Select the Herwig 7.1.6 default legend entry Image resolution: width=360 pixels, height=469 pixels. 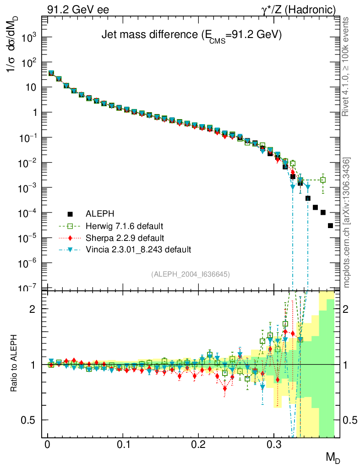pyautogui.click(x=124, y=226)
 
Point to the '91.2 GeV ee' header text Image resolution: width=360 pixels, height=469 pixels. pyautogui.click(x=78, y=9)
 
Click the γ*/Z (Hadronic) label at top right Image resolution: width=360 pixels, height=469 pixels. pyautogui.click(x=303, y=9)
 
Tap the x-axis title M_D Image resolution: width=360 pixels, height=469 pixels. pyautogui.click(x=333, y=457)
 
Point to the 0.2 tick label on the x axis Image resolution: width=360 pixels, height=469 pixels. pyautogui.click(x=198, y=445)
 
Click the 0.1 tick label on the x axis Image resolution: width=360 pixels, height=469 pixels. pyautogui.click(x=123, y=445)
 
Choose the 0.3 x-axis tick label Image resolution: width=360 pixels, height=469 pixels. pyautogui.click(x=273, y=445)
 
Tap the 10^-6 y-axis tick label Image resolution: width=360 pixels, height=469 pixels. pyautogui.click(x=28, y=263)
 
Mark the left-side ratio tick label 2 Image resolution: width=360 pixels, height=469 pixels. pyautogui.click(x=33, y=309)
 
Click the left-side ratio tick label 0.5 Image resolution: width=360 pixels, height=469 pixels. pyautogui.click(x=29, y=420)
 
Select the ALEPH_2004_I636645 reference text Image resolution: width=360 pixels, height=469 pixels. pyautogui.click(x=190, y=274)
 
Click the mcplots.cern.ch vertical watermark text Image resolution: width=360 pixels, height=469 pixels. pyautogui.click(x=347, y=223)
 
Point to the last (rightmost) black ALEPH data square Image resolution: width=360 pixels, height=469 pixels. pyautogui.click(x=331, y=226)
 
